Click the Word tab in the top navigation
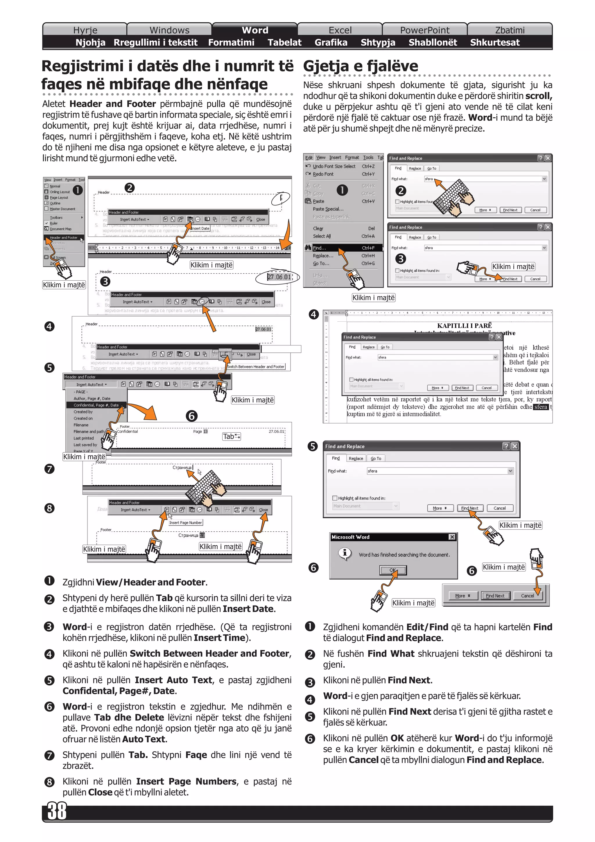tap(255, 30)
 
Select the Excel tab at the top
tap(340, 30)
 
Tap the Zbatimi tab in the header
tap(510, 30)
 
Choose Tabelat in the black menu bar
tap(284, 42)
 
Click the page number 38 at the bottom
tap(57, 811)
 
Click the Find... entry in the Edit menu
tap(319, 248)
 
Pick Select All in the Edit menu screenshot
tap(322, 236)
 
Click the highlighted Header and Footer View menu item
tap(63, 238)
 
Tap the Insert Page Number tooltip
tap(186, 523)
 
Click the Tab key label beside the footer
tap(231, 436)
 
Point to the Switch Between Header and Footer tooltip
tap(256, 367)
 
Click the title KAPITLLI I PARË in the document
tap(464, 326)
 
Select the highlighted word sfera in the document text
tap(541, 407)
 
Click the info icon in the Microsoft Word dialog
tap(345, 553)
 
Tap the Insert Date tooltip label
tap(200, 228)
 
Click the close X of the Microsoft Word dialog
tap(452, 537)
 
